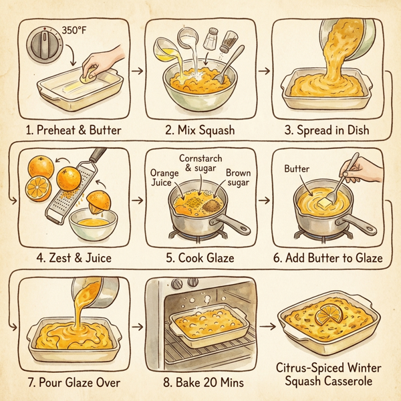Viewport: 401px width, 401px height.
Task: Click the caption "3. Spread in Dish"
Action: (327, 130)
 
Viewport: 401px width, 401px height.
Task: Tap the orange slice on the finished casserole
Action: (329, 313)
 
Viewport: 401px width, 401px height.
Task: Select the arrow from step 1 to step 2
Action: (136, 68)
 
